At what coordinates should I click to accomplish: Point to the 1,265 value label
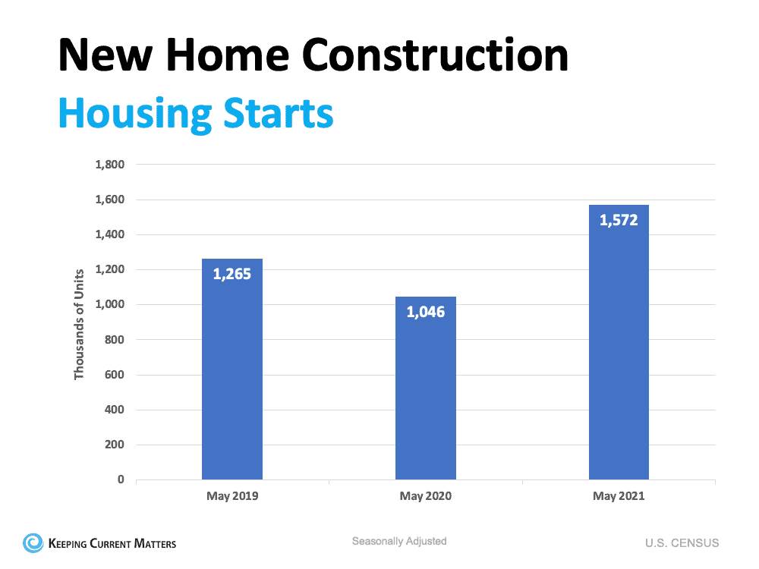(x=232, y=274)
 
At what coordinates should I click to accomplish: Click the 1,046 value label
(x=426, y=312)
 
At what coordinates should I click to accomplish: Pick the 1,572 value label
(x=619, y=221)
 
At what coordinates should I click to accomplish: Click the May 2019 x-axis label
(x=232, y=497)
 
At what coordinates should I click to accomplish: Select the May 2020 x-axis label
(x=426, y=497)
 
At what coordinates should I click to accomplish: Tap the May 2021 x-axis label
(x=619, y=497)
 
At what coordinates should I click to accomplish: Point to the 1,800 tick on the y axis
(x=109, y=165)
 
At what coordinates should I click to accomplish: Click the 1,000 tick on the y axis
(x=109, y=305)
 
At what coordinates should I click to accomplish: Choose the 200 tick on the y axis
(x=114, y=445)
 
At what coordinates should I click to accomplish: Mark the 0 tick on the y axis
(x=121, y=479)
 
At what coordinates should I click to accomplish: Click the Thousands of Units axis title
(x=79, y=322)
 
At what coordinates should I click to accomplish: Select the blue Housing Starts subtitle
(x=196, y=113)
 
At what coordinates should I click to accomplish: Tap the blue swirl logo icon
(x=33, y=542)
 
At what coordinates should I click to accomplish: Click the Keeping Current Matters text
(x=112, y=543)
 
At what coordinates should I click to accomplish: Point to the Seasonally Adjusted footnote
(x=399, y=542)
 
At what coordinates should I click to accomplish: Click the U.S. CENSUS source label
(x=682, y=543)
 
